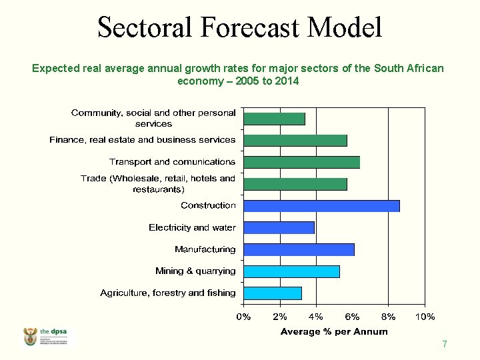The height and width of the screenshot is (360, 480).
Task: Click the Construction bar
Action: pos(321,206)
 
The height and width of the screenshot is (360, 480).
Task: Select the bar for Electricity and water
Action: pos(279,228)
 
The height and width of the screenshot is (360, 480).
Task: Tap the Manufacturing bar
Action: pos(299,249)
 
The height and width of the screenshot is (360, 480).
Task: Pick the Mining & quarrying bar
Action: pos(291,271)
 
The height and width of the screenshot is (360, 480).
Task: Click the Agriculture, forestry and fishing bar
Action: pos(273,293)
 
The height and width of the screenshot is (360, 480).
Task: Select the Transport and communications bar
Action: pos(301,162)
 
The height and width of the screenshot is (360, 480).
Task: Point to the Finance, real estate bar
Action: pos(295,140)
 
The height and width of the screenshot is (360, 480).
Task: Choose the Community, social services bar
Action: pos(274,119)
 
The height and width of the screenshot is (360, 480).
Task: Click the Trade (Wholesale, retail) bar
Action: pos(295,184)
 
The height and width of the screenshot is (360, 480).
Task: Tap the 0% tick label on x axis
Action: pos(244,317)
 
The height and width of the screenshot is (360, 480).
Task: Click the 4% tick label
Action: pos(316,317)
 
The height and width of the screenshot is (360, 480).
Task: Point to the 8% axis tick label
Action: pos(388,317)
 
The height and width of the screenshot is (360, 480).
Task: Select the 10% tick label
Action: pos(425,317)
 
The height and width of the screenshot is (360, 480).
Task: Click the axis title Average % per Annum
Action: pos(334,331)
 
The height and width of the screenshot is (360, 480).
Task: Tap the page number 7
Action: pos(444,345)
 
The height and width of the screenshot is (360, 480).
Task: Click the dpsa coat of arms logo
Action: pos(31,337)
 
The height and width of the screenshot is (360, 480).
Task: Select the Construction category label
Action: pos(208,205)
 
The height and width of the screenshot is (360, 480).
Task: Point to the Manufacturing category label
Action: pos(205,249)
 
